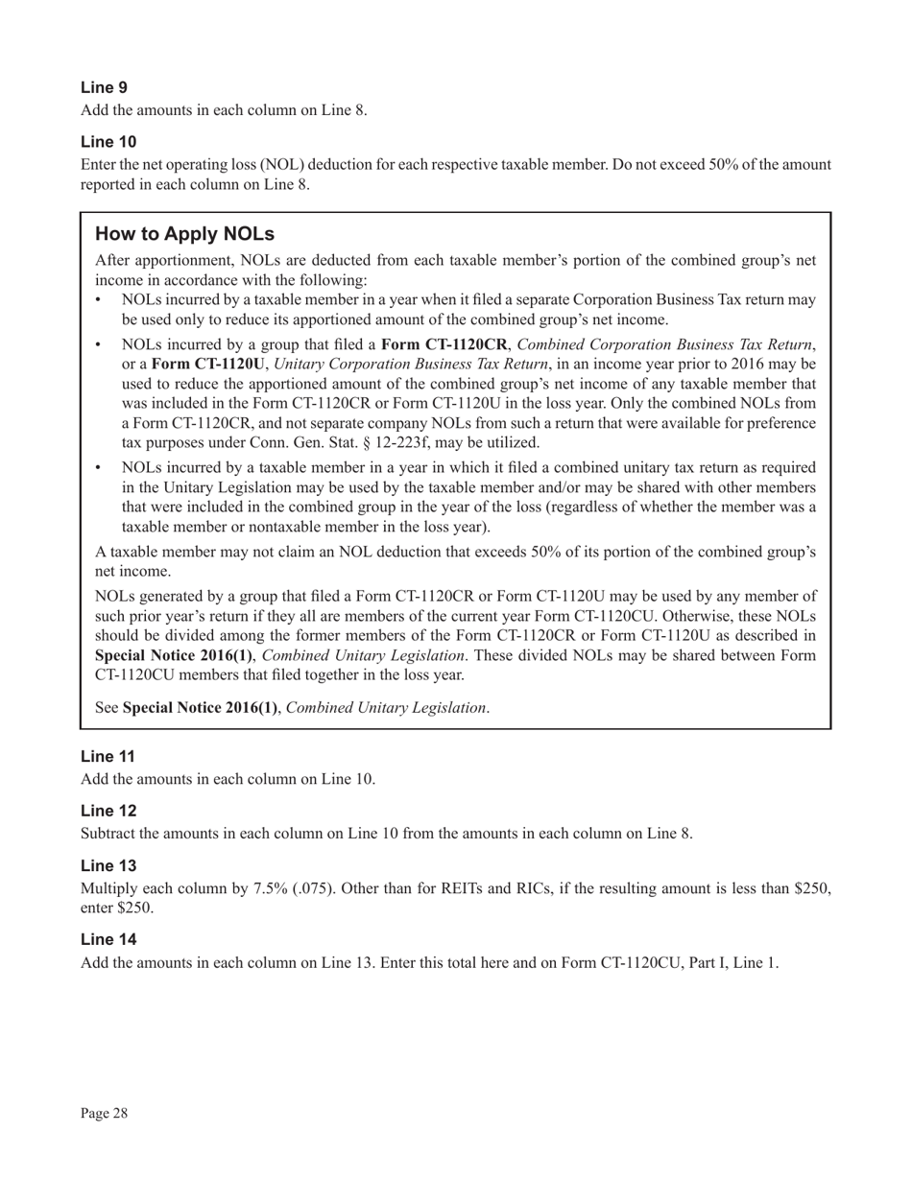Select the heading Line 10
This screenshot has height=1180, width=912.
point(108,142)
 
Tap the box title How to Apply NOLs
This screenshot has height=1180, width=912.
point(184,234)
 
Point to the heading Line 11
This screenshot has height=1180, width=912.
point(108,756)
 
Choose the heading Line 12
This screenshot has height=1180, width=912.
point(108,811)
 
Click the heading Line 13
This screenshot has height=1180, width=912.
point(108,865)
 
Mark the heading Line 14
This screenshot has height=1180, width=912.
point(108,939)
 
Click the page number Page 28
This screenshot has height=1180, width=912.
point(104,1113)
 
